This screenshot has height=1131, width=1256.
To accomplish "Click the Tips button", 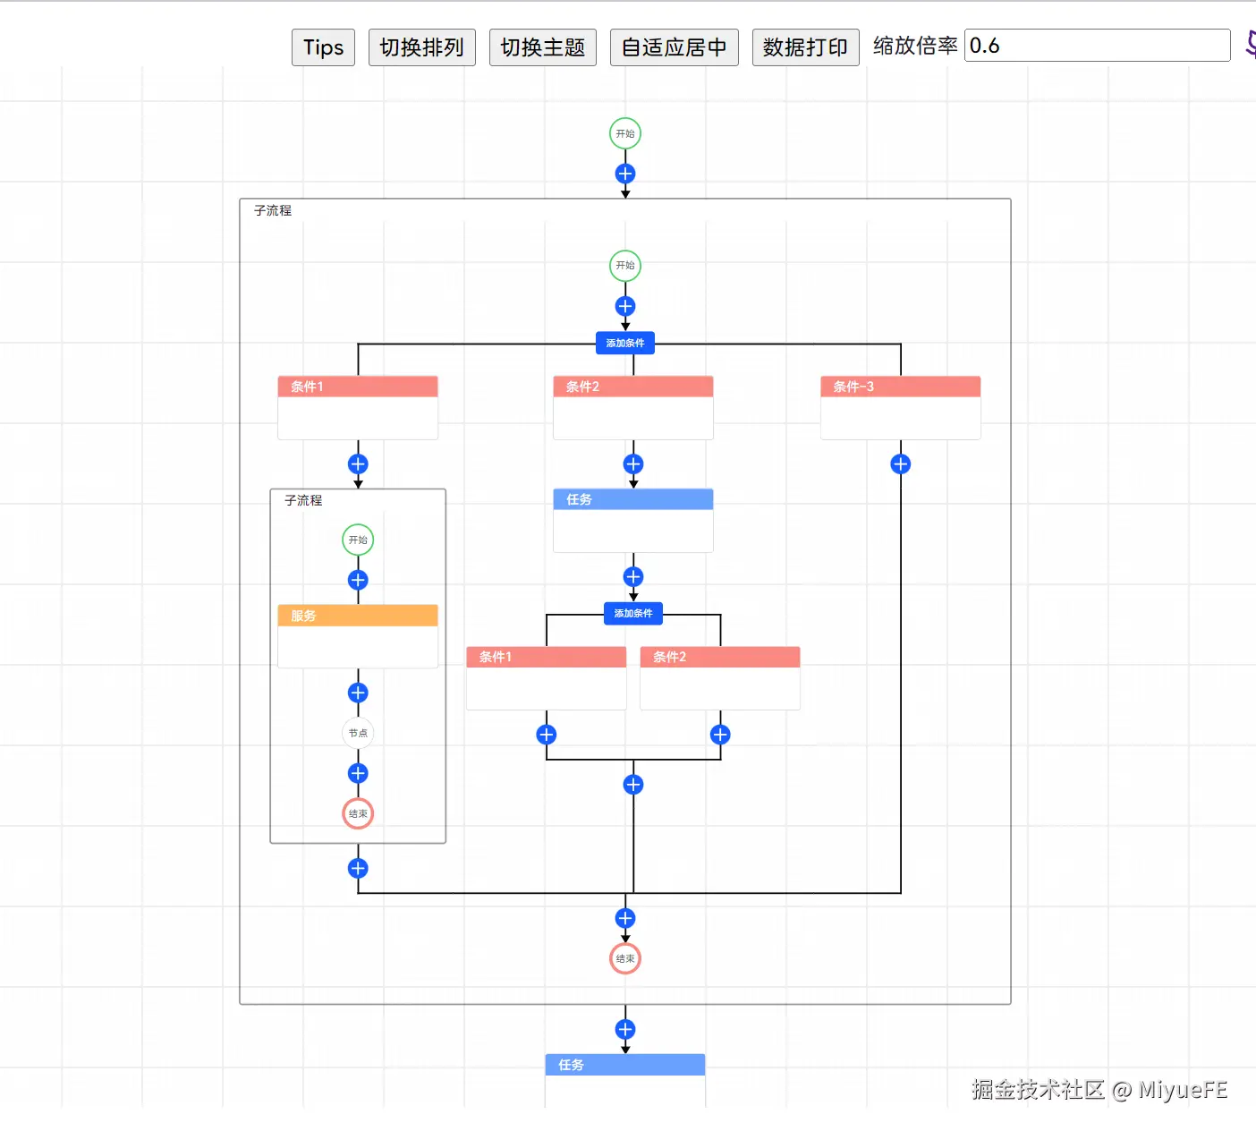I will coord(323,47).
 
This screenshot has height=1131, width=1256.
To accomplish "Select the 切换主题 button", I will coord(542,47).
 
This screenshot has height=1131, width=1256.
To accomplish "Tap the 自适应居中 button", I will coord(674,47).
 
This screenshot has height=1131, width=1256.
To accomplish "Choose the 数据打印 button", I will coord(805,47).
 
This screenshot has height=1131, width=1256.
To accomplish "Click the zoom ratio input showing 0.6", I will coord(1097,46).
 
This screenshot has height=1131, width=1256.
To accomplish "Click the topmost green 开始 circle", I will coord(625,133).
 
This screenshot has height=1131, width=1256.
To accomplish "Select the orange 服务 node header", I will coord(358,616).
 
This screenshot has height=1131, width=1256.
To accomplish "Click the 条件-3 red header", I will coord(900,387).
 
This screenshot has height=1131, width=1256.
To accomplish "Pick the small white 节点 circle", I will coord(358,733).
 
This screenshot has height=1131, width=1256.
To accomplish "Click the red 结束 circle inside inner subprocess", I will coord(358,813).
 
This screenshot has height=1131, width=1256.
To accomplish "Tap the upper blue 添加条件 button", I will coord(625,344).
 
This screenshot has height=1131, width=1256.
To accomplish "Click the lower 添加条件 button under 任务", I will coord(633,613).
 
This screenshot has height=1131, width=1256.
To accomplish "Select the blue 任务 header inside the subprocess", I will coord(633,499).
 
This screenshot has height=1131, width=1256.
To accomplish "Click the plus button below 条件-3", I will coord(901,463).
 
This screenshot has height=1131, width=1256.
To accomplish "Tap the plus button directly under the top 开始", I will coord(625,174).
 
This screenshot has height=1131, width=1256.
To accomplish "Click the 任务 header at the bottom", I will coord(625,1065).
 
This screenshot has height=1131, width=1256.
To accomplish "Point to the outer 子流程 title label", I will coord(273,210).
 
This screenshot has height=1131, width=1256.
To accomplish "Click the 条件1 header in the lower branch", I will coord(546,657).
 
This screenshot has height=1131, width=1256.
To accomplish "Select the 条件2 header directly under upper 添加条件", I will coord(633,387).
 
